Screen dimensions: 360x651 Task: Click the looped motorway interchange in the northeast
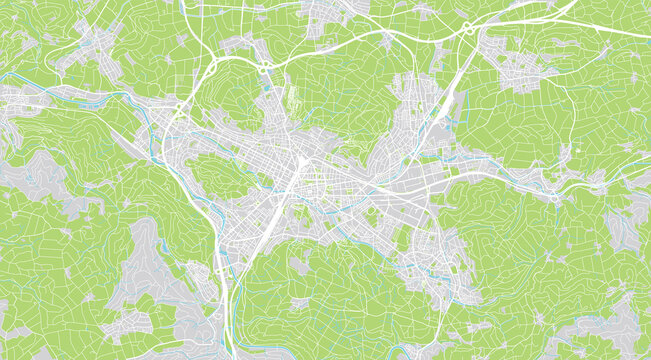pos(467,28)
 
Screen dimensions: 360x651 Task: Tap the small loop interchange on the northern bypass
pos(264,70)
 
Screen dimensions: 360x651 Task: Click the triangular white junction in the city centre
pos(301,162)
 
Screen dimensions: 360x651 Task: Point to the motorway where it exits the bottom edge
pos(231,352)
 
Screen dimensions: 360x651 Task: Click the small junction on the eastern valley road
pos(555,197)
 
